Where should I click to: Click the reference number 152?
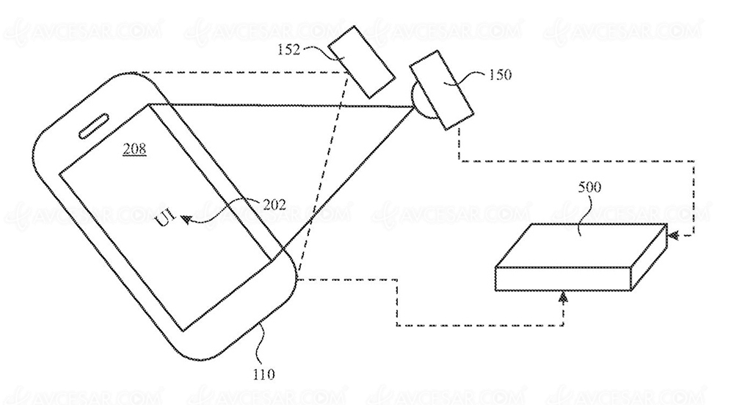(288, 49)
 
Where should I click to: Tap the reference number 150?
(500, 75)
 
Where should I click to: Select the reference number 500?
(589, 187)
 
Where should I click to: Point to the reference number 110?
(264, 375)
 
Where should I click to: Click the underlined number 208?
(134, 149)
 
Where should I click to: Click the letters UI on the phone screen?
(164, 218)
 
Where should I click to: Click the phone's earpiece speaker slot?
(94, 125)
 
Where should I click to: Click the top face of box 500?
(581, 245)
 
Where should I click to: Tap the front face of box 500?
(563, 279)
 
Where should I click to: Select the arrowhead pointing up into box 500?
(564, 296)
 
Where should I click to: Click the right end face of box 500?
(649, 257)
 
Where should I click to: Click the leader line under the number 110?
(263, 346)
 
